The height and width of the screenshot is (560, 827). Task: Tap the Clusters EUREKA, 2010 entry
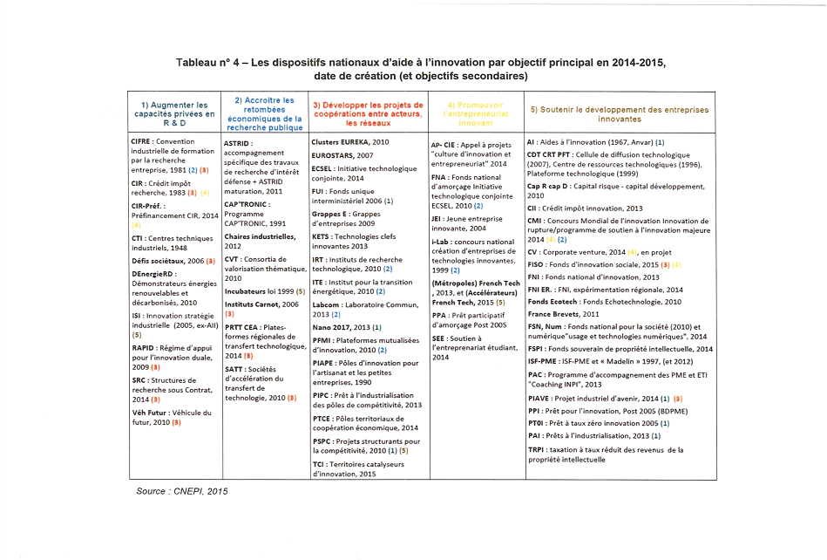pos(349,141)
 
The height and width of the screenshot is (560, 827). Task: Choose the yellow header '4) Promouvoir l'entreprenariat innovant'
pos(474,113)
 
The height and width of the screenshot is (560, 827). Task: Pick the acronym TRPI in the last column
pos(536,449)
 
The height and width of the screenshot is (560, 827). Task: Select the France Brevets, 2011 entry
pos(563,313)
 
